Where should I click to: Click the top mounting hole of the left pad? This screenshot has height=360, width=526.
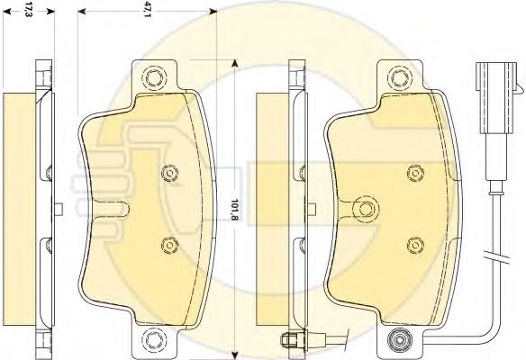point(154,77)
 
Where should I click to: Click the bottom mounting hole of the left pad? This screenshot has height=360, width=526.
point(154,340)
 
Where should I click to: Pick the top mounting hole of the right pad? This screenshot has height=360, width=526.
point(399,77)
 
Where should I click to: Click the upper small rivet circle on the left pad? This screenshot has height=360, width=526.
point(169,173)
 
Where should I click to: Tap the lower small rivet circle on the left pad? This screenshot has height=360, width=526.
point(169,246)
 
